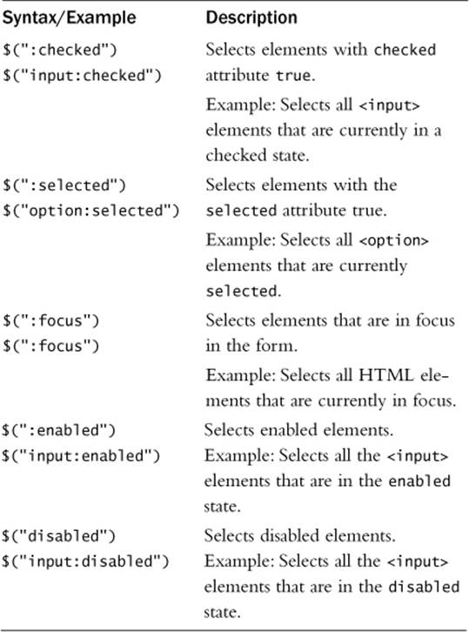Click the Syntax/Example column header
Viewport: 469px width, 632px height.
point(70,18)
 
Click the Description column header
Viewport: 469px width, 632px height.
point(251,17)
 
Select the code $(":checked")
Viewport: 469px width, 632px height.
point(60,50)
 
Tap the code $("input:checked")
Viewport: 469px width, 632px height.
point(82,76)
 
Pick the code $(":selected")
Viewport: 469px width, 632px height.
point(64,185)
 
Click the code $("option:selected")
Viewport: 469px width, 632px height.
point(91,211)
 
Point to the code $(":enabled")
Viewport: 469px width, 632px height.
point(59,430)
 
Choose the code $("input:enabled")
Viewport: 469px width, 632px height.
point(81,456)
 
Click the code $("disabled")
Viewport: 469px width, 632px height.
point(59,536)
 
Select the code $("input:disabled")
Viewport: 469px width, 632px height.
point(85,561)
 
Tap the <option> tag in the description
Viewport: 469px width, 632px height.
point(393,240)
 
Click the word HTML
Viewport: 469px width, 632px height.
point(386,375)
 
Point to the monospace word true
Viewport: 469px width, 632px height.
point(293,76)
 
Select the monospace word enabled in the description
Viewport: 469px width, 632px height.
point(419,481)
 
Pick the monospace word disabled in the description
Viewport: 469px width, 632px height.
point(424,587)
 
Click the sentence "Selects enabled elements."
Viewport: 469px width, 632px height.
point(298,430)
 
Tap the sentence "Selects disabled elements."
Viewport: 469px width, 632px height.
point(300,535)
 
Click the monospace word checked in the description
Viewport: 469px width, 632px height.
point(405,50)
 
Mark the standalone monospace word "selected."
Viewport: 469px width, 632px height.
point(244,291)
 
